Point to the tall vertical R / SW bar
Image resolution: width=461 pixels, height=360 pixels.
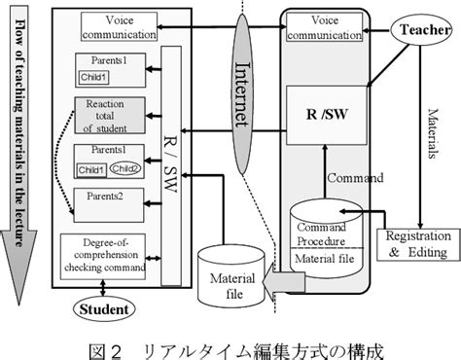170,165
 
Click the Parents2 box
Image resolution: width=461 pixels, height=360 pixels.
108,203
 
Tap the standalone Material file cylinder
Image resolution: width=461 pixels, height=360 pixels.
230,278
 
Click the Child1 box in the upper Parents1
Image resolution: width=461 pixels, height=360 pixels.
93,75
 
